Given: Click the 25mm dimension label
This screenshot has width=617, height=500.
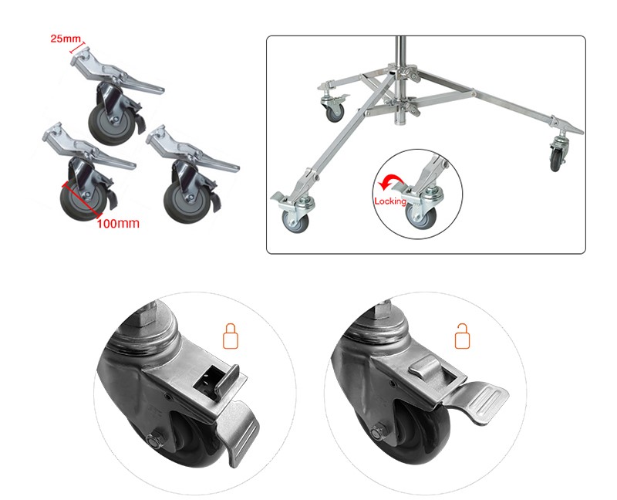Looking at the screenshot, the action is click(x=66, y=39).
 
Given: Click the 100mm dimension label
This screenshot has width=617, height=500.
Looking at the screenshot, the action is click(x=118, y=224).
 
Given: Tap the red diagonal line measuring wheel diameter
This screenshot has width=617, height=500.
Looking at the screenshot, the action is click(x=81, y=200).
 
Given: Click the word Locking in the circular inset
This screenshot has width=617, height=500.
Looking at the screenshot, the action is click(x=390, y=201).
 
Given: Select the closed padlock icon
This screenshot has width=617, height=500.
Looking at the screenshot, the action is click(x=231, y=336).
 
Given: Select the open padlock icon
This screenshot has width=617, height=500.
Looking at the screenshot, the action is click(x=462, y=336).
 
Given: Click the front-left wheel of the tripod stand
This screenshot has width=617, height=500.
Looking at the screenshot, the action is click(x=295, y=221).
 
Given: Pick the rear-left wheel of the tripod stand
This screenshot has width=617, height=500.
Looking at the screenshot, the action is click(x=335, y=112).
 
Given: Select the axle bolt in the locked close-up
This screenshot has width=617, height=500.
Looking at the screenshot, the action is click(x=153, y=440).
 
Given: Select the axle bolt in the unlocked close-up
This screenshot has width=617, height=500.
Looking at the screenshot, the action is click(x=379, y=432).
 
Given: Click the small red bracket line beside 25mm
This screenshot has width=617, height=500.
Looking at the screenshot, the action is click(x=78, y=46).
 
